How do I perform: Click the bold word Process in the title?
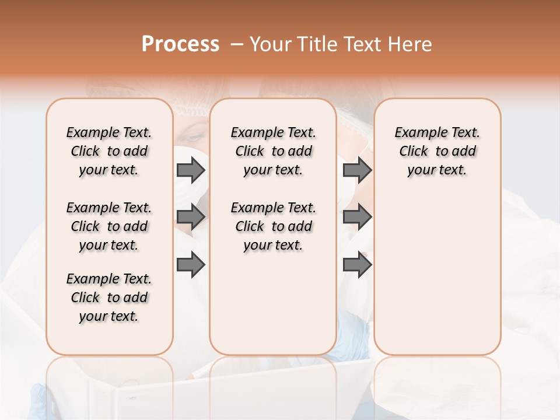click(x=180, y=44)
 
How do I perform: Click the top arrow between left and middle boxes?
click(x=191, y=170)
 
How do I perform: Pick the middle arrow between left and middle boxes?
click(x=191, y=218)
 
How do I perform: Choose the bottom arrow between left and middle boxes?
click(x=191, y=265)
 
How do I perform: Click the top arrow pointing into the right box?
click(x=357, y=170)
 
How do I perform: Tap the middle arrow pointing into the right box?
click(x=357, y=218)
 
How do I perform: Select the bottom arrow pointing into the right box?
click(x=357, y=265)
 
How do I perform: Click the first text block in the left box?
click(x=109, y=151)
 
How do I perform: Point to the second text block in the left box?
click(x=109, y=226)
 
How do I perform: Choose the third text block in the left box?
click(x=109, y=297)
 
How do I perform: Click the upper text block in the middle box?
click(x=273, y=151)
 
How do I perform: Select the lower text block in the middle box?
click(x=273, y=226)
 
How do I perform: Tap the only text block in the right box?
click(x=437, y=151)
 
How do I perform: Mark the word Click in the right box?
click(x=414, y=152)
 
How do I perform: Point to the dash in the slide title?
click(x=237, y=44)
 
